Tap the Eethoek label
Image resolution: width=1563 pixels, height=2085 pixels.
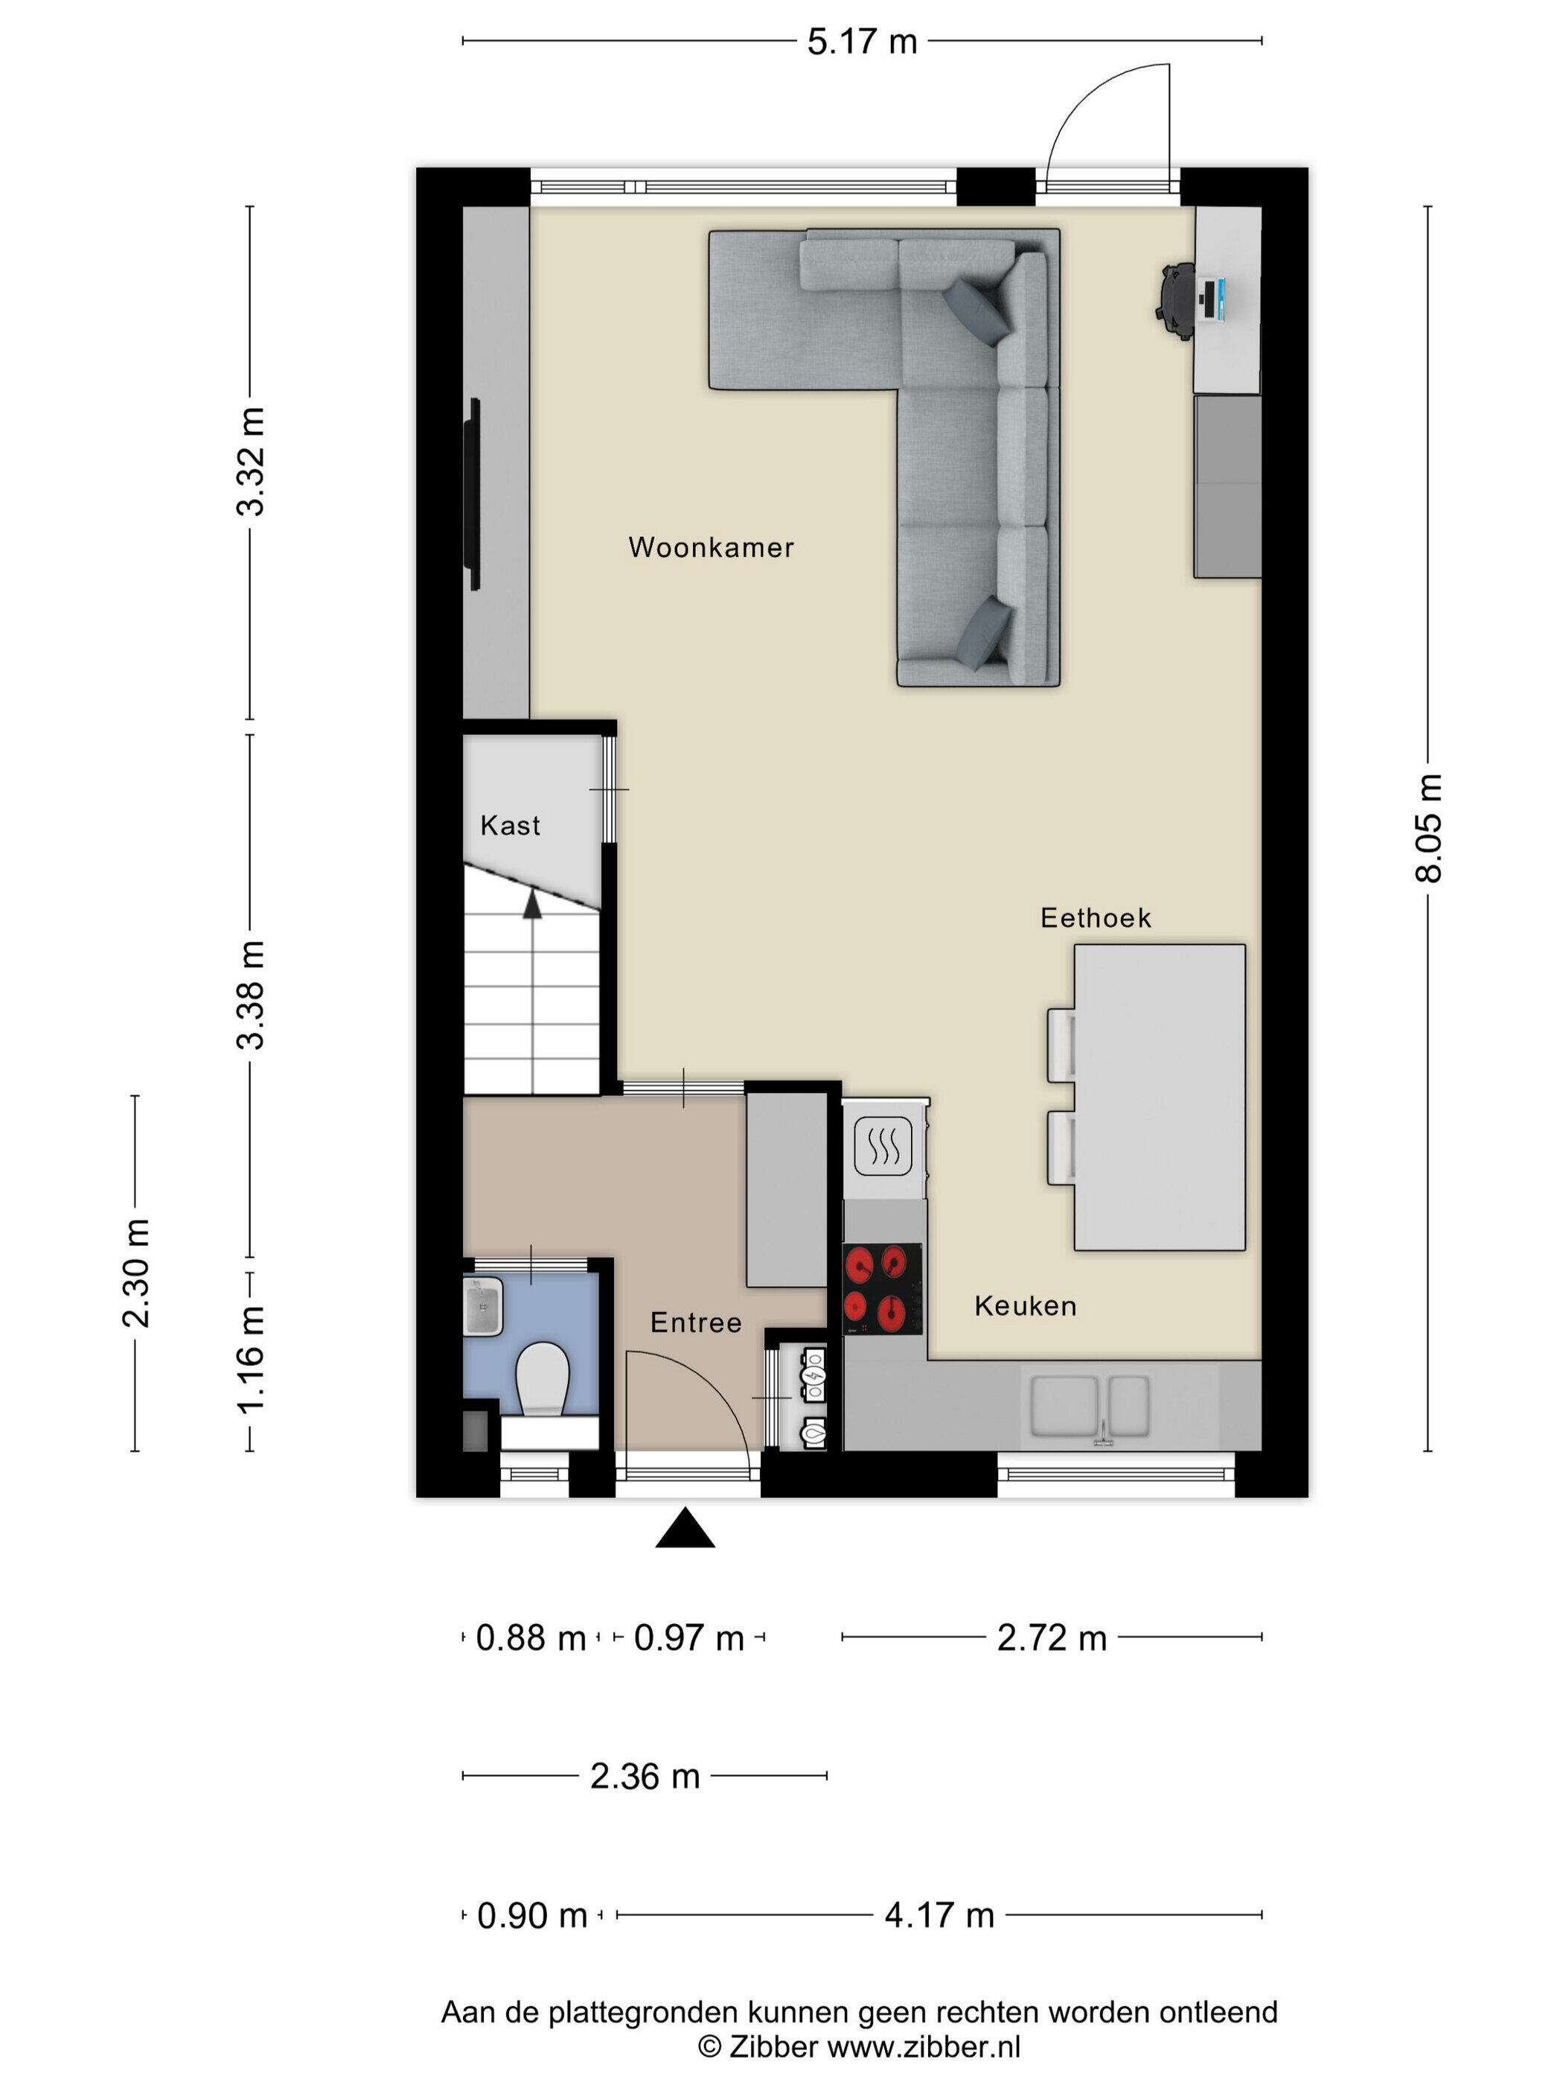click(1095, 918)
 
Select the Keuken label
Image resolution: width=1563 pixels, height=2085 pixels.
click(1025, 1305)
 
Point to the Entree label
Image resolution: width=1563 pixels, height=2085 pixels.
click(695, 1322)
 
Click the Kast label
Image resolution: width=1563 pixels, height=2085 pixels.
click(510, 826)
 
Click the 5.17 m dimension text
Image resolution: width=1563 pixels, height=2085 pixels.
click(861, 42)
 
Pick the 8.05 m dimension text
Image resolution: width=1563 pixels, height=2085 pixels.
click(1428, 827)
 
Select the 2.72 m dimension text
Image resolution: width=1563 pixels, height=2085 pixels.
click(1052, 1638)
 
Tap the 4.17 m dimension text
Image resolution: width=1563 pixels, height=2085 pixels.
click(939, 1915)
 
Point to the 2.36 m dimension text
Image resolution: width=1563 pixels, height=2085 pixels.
click(645, 1777)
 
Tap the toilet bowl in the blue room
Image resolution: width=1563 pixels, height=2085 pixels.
click(543, 1379)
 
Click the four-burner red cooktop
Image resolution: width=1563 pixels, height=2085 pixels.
click(882, 1288)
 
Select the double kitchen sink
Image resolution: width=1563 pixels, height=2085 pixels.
click(1090, 1407)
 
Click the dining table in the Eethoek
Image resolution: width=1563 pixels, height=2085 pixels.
click(1159, 1097)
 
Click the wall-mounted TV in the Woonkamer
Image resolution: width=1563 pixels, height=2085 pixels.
click(475, 495)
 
